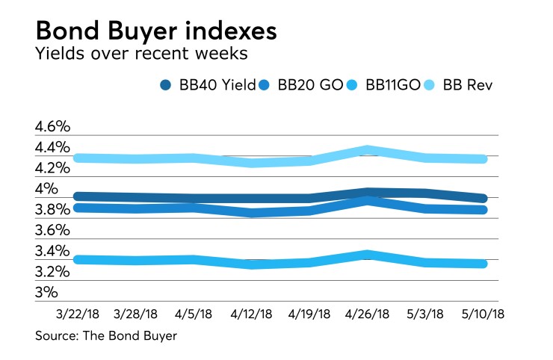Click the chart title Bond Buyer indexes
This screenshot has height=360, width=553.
(x=158, y=32)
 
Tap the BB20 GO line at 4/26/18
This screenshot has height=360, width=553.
(x=367, y=201)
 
